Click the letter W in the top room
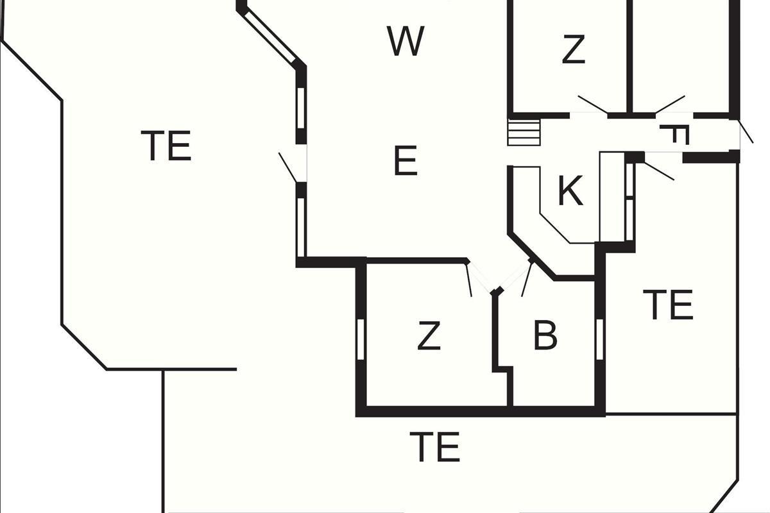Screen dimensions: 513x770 tap(406, 41)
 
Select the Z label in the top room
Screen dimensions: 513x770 tap(573, 49)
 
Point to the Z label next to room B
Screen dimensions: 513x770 tap(429, 335)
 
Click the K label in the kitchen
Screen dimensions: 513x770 tap(570, 190)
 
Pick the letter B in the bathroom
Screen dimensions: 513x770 tap(545, 335)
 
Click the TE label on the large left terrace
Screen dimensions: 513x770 tap(166, 146)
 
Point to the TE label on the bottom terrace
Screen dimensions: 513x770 tap(435, 447)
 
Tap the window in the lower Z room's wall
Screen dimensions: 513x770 tap(360, 337)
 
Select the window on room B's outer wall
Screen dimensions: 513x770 tap(600, 338)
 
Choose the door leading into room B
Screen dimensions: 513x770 tap(526, 278)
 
